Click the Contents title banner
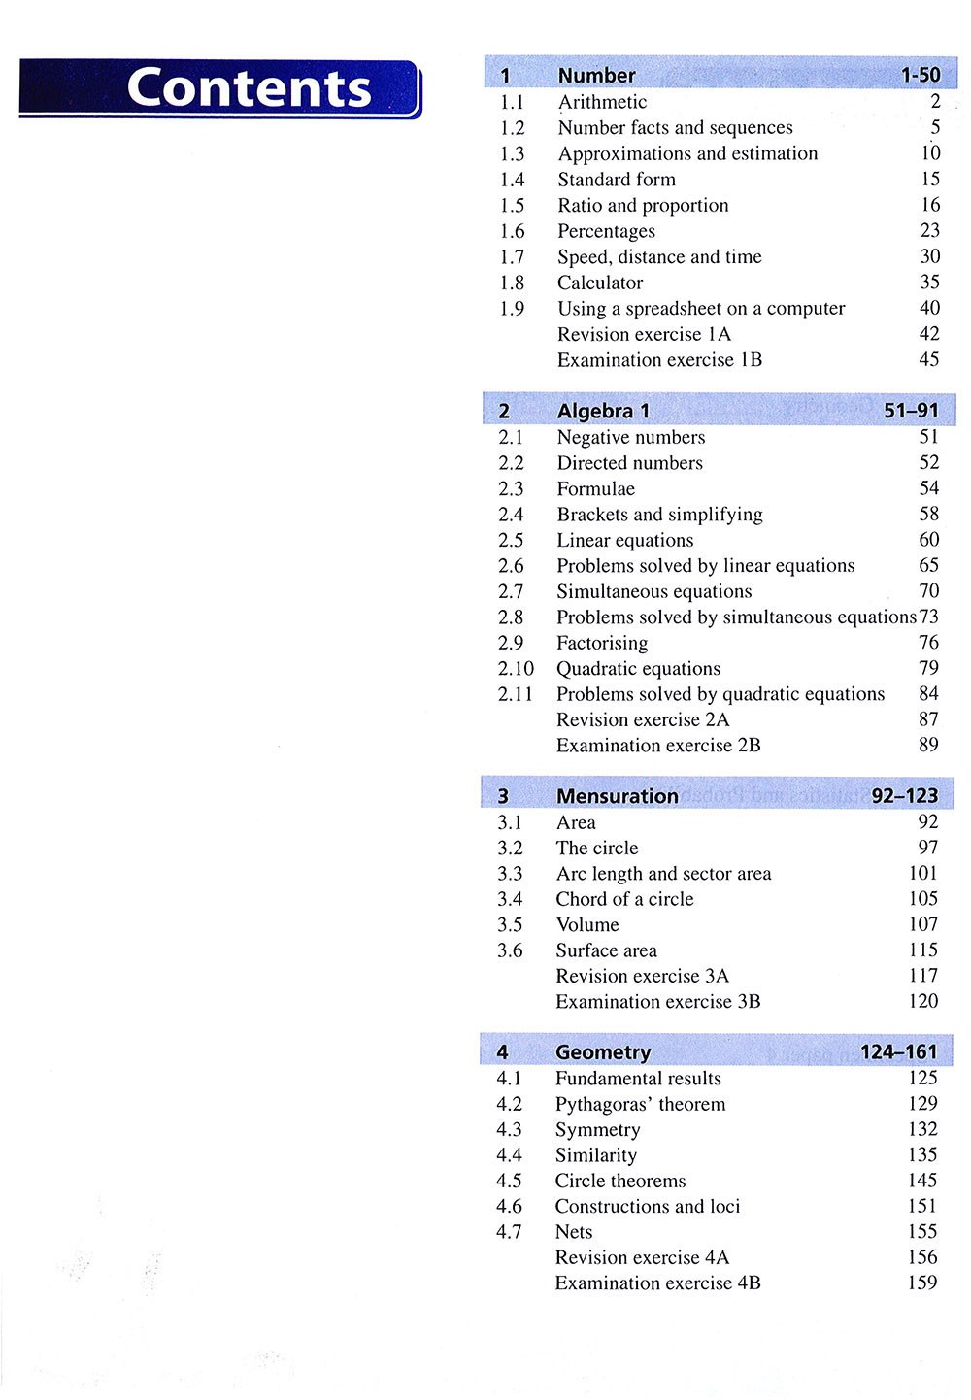tap(220, 88)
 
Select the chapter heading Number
tap(596, 75)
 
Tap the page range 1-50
tap(920, 75)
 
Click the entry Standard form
tap(617, 180)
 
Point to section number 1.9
tap(512, 309)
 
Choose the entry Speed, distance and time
tap(659, 257)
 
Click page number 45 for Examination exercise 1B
tap(928, 359)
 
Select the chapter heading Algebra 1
tap(603, 411)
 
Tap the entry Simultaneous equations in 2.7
tap(653, 591)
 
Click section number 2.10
tap(516, 669)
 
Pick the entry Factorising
tap(602, 643)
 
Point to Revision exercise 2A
tap(642, 719)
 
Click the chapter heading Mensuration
tap(617, 796)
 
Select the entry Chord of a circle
tap(624, 899)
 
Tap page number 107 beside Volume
tap(922, 924)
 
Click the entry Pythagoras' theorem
tap(640, 1104)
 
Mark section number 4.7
tap(509, 1232)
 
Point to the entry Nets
tap(573, 1232)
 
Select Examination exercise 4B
tap(657, 1283)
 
